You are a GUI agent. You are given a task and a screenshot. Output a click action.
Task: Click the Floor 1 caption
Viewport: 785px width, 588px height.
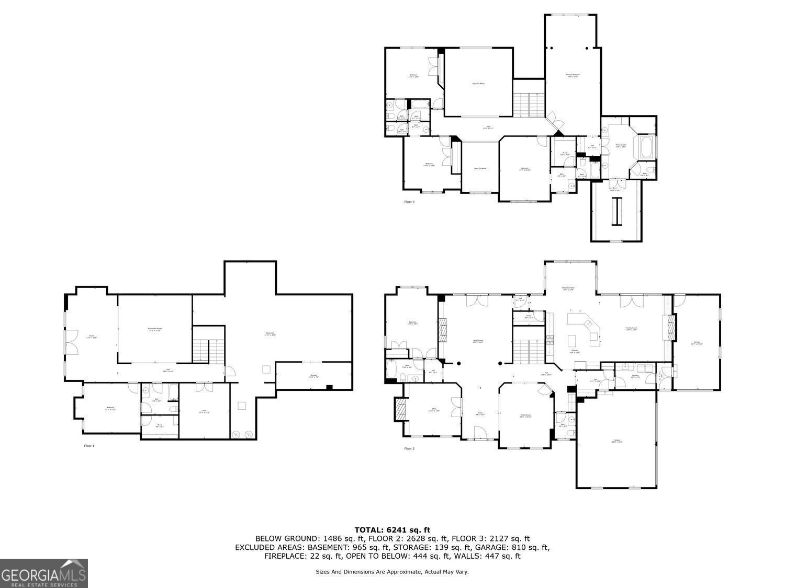[x=89, y=446]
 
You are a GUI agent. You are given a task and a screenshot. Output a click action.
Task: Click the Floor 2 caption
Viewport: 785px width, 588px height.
[x=409, y=448]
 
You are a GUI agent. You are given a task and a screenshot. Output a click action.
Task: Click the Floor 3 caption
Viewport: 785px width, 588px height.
[x=409, y=201]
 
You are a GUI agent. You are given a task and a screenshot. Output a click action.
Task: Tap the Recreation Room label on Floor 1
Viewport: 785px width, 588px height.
[x=155, y=329]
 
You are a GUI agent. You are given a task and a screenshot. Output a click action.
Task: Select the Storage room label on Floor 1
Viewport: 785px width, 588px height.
[x=313, y=375]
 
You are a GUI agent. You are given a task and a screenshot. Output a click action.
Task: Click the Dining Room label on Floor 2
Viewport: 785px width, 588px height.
[x=525, y=416]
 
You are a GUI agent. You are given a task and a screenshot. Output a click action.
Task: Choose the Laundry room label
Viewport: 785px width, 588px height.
[x=635, y=376]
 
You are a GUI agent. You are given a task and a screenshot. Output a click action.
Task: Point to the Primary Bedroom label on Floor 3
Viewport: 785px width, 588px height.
[x=573, y=76]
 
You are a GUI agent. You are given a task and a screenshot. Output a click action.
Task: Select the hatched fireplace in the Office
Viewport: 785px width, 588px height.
[x=400, y=409]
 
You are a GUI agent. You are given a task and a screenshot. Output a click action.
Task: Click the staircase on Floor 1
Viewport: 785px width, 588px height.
[x=208, y=351]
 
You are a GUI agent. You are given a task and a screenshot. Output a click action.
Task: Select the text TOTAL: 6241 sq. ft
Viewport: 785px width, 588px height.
[x=392, y=530]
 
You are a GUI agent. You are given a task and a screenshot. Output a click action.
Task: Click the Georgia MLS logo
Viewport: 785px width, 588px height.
[x=44, y=573]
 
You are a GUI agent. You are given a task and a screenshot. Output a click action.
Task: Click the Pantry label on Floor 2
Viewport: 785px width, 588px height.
[x=529, y=317]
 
